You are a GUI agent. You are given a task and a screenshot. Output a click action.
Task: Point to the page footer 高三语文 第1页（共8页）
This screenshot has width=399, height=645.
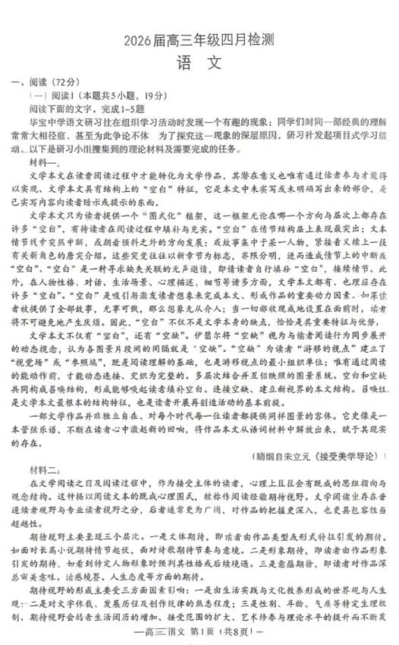[x=199, y=633]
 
